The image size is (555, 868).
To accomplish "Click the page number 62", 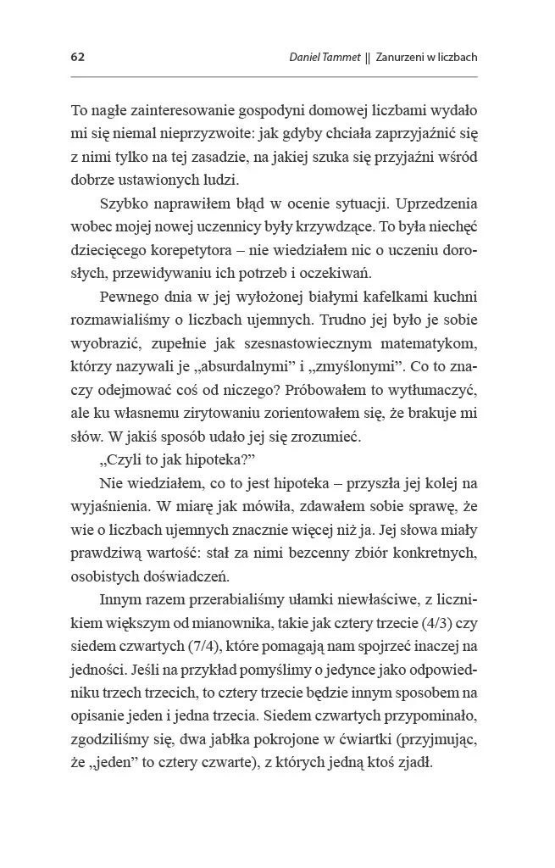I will point(77,58).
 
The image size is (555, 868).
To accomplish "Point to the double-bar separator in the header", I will point(367,58).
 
